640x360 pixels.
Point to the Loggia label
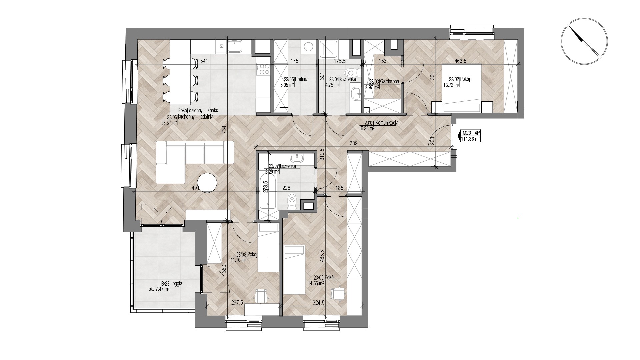[176, 284]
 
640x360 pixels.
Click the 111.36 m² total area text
[471, 139]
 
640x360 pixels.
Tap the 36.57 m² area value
[169, 122]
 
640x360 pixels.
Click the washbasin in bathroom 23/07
[296, 158]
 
